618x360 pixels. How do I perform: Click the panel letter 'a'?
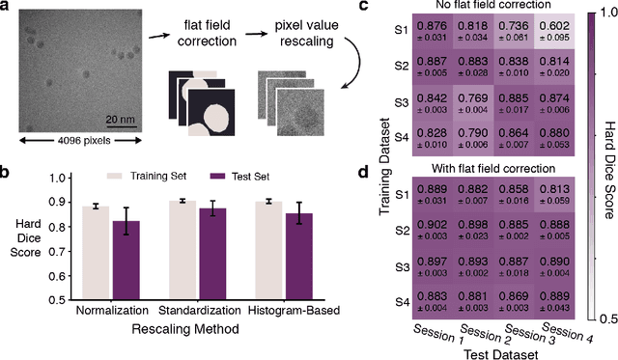click(7, 9)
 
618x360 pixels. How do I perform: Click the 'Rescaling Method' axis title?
click(198, 329)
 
